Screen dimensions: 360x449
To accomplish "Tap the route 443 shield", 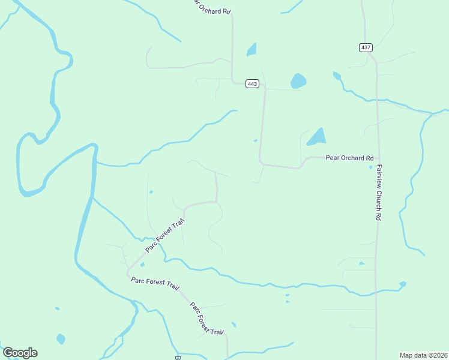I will click(x=252, y=84).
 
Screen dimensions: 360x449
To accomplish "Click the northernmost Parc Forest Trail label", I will click(x=164, y=235).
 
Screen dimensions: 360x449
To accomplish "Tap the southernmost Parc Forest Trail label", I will click(x=206, y=318).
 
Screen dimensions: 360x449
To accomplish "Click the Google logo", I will click(x=20, y=353).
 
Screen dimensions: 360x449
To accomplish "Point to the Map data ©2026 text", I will click(x=423, y=355).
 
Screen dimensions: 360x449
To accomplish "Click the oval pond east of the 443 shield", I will click(x=298, y=80).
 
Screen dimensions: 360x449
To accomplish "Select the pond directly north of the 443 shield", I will click(x=252, y=50).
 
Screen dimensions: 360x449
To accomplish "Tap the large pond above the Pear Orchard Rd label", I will click(x=317, y=137).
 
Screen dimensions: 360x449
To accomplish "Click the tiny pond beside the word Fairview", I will click(x=370, y=167).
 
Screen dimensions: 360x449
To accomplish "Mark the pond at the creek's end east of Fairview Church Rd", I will click(x=402, y=284).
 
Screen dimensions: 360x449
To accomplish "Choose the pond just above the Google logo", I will click(x=61, y=339).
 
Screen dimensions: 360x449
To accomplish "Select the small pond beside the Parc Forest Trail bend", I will click(x=142, y=264).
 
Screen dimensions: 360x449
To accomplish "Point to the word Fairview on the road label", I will click(x=379, y=175).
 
